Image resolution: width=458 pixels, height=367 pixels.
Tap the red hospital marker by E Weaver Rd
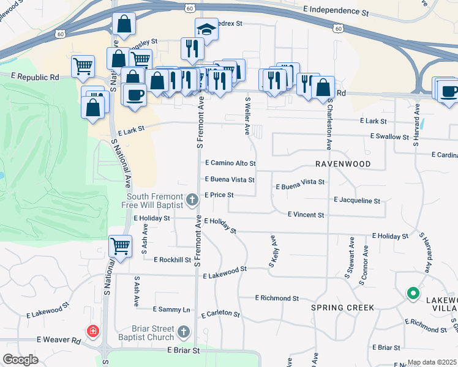(x=92, y=332)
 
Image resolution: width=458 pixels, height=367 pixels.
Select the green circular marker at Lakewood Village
(x=413, y=294)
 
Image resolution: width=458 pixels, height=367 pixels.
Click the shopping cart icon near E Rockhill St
(x=120, y=247)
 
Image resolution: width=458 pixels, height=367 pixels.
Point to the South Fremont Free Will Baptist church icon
(x=192, y=199)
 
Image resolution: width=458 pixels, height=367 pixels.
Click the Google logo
(x=21, y=360)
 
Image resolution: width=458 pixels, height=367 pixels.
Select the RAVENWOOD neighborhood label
(x=343, y=165)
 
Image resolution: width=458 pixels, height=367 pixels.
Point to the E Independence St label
(x=337, y=10)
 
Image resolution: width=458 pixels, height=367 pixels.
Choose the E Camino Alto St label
(x=230, y=164)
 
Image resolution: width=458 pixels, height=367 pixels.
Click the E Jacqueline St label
(x=357, y=200)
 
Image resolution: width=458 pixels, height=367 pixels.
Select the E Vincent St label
(x=306, y=215)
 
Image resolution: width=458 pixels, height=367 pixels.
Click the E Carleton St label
(x=220, y=314)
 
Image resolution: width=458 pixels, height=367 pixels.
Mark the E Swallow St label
(x=389, y=137)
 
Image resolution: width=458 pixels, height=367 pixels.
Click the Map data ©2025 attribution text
(x=432, y=362)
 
